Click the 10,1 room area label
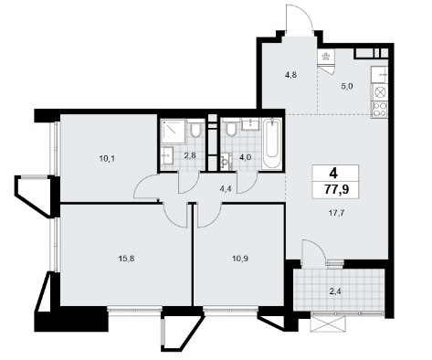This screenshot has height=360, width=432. (107, 158)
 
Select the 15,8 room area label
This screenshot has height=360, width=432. (126, 259)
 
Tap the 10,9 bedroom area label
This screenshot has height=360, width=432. (240, 259)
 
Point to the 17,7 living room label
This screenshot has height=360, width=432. (336, 213)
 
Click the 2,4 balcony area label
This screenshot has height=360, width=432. (335, 291)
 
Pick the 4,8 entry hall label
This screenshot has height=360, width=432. (290, 75)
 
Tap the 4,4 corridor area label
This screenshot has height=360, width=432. (226, 188)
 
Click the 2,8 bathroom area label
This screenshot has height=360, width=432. (189, 155)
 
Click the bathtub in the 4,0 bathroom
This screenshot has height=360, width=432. (272, 143)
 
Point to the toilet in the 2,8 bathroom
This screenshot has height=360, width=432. (195, 128)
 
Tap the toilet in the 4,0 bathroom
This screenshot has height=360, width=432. (231, 128)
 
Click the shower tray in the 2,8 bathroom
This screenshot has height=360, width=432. (174, 132)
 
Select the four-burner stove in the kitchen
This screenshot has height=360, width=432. (380, 110)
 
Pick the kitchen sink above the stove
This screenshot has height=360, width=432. (380, 75)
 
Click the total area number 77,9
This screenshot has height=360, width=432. (336, 189)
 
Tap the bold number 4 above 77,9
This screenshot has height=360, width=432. (333, 174)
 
